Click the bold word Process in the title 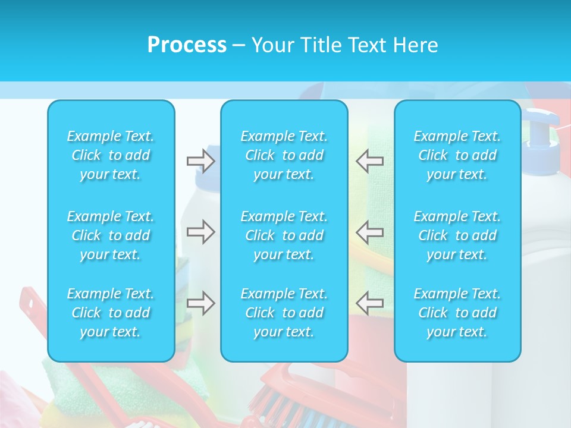click(x=187, y=45)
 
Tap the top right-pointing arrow click(x=201, y=161)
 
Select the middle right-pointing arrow click(x=201, y=232)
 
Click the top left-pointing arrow click(x=370, y=161)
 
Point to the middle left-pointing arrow click(x=370, y=232)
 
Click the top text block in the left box click(x=111, y=155)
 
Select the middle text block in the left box click(x=111, y=235)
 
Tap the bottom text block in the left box click(x=111, y=313)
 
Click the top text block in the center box click(x=284, y=155)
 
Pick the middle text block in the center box click(x=284, y=235)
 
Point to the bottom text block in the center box click(x=284, y=313)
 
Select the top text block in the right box click(x=457, y=155)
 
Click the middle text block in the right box click(x=457, y=235)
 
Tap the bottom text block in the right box click(x=457, y=313)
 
